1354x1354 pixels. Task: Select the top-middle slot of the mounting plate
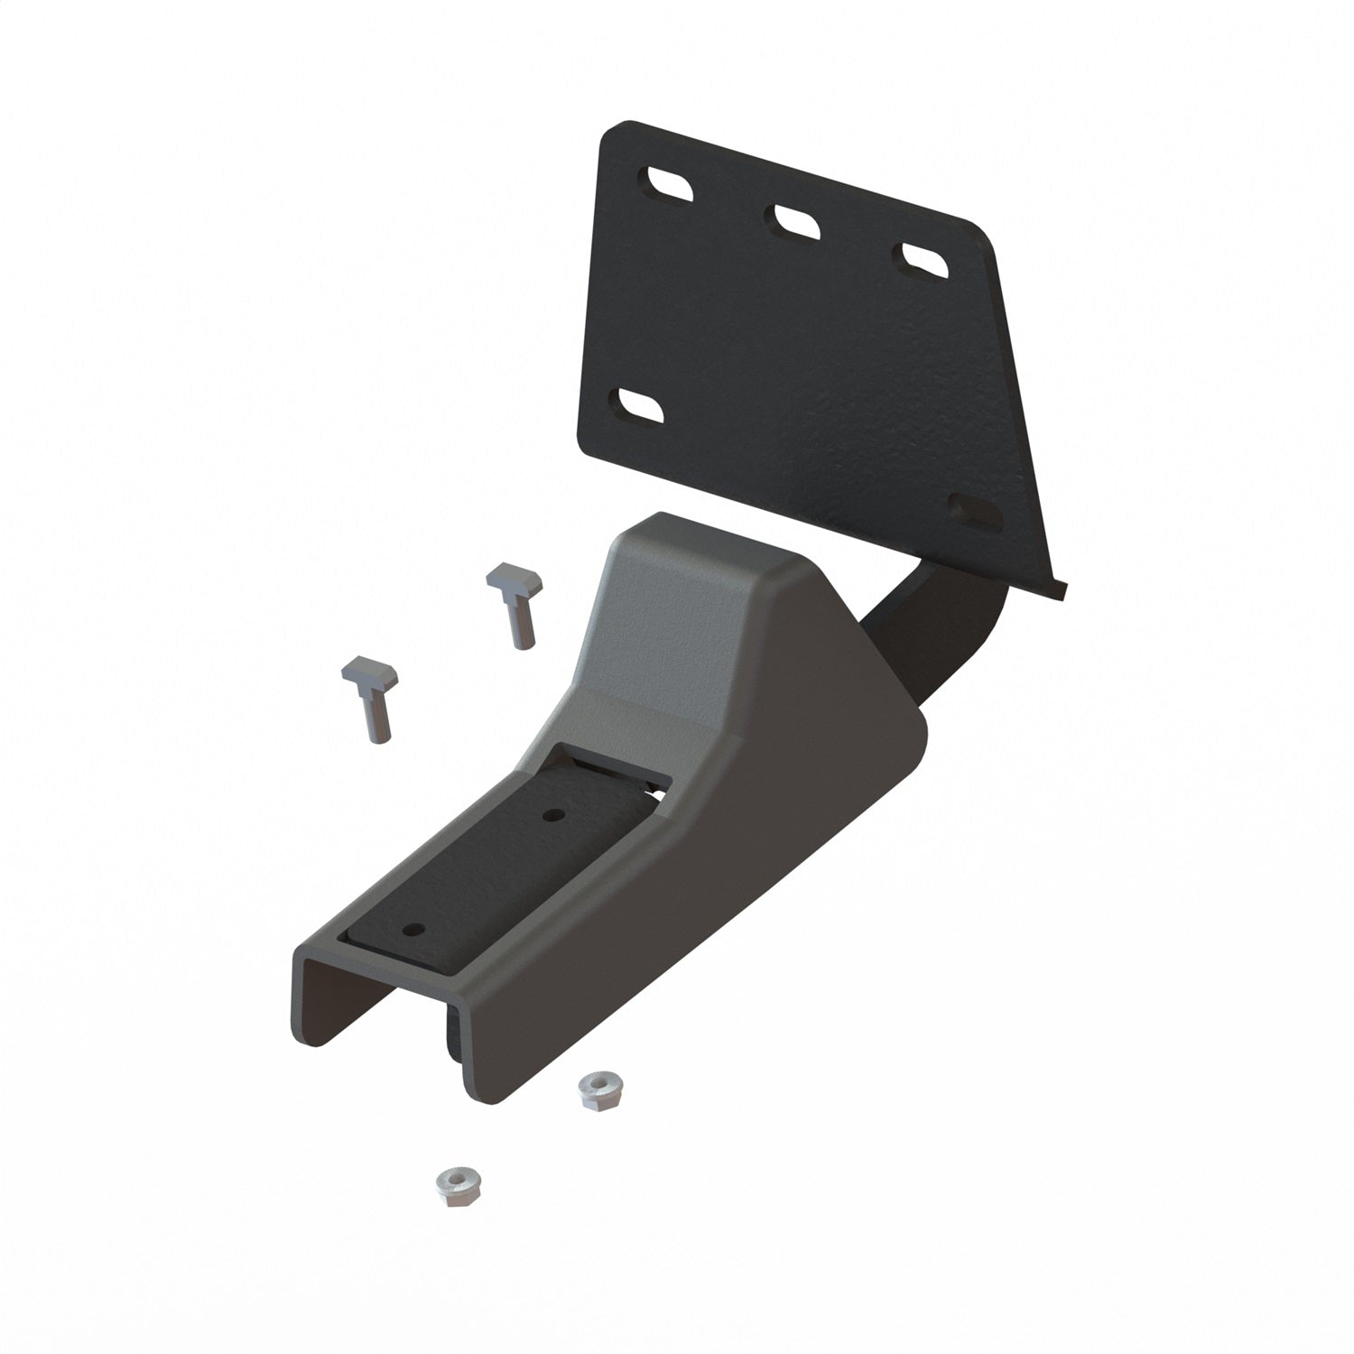pos(795,221)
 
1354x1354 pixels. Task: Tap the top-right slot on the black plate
pos(923,258)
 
